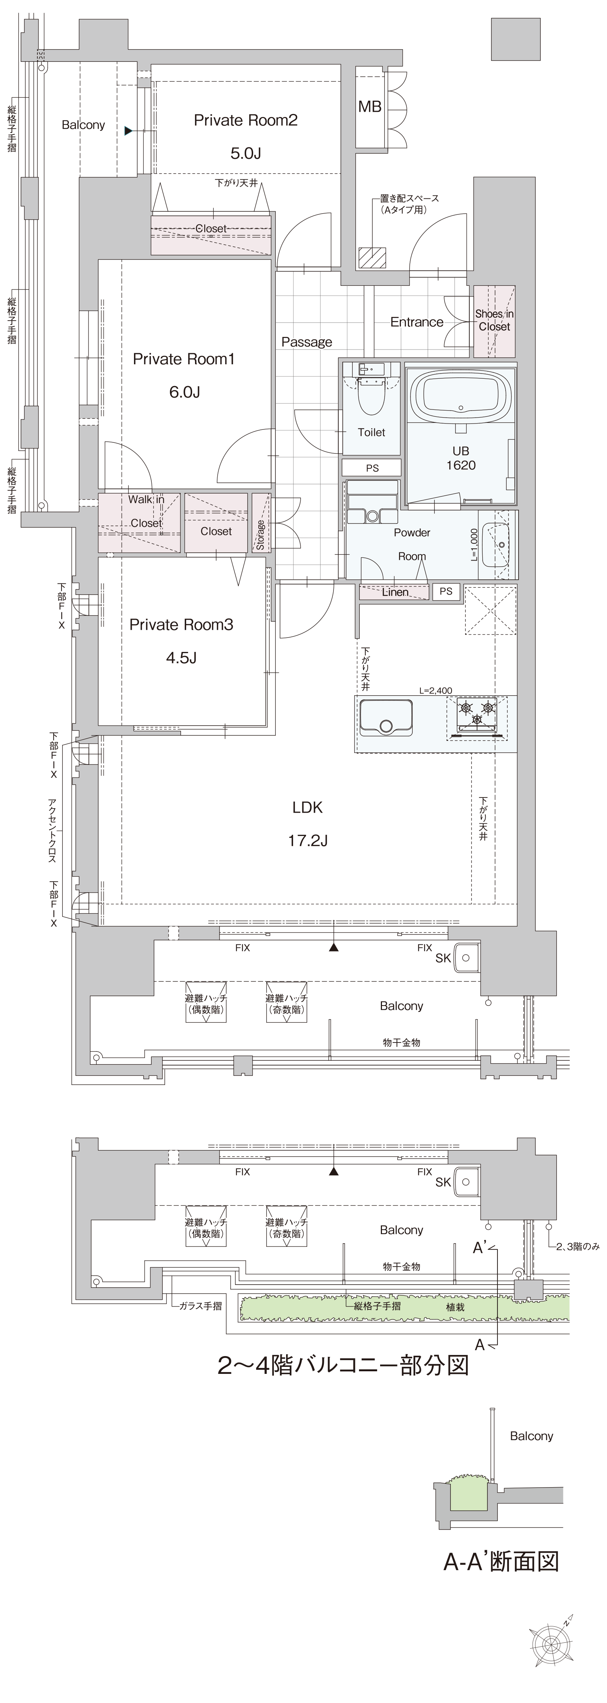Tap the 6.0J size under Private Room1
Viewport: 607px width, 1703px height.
tap(184, 392)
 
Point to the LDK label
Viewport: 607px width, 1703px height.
tap(308, 807)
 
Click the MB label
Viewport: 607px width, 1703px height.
tap(370, 107)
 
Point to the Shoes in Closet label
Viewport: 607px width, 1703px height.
tap(494, 320)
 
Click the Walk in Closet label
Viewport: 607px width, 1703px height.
tap(146, 511)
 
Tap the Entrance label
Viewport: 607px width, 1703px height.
tap(416, 322)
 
